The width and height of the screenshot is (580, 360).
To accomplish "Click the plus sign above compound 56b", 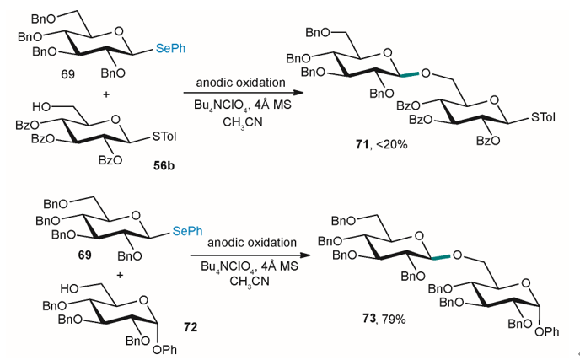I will (x=106, y=94).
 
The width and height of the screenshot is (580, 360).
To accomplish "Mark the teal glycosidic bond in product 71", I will (x=410, y=74).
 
